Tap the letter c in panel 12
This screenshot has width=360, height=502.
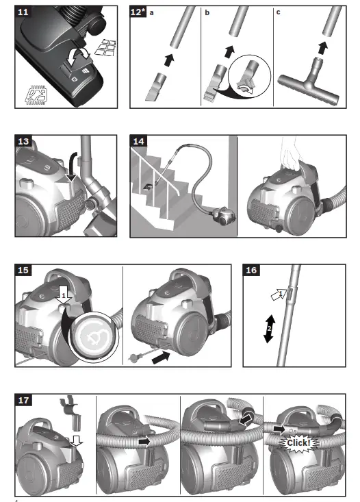[277, 12]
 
